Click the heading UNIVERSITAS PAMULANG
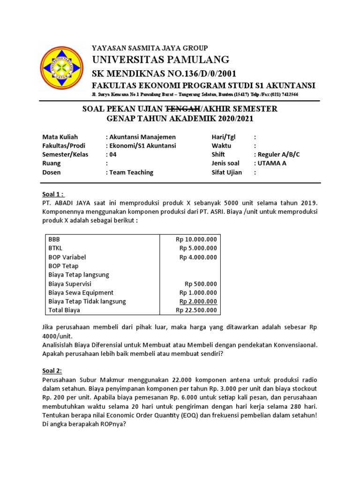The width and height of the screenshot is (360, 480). [160, 60]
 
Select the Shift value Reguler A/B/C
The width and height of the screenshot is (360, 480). [277, 154]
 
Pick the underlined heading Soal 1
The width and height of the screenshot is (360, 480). [53, 195]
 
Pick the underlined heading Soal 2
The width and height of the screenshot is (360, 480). [52, 369]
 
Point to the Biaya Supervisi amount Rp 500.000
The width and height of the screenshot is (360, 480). [201, 284]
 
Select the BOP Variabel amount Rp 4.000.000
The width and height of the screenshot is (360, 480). [198, 257]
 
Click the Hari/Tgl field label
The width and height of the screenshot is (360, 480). [224, 137]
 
